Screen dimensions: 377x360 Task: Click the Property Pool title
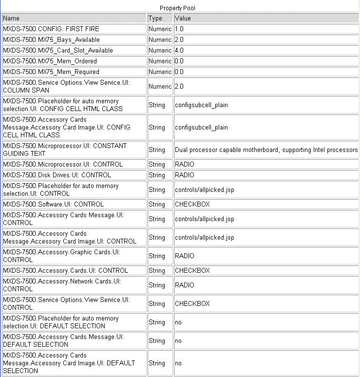click(x=178, y=8)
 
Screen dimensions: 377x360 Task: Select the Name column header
click(x=11, y=18)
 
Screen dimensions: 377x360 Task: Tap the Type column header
click(x=155, y=18)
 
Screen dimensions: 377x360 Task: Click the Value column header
click(x=183, y=18)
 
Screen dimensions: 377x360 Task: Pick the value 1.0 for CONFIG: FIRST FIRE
click(x=179, y=29)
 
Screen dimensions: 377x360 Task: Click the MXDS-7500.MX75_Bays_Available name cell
click(x=51, y=39)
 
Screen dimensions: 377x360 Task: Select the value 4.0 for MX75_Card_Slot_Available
click(x=179, y=50)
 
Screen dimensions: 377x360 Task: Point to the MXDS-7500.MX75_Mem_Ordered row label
click(x=50, y=61)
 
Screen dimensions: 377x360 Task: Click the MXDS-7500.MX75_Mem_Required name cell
click(x=51, y=72)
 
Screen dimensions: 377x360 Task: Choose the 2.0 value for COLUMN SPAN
click(x=179, y=86)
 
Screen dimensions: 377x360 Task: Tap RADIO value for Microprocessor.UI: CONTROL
click(x=185, y=164)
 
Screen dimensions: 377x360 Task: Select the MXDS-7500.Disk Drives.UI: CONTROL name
click(x=57, y=175)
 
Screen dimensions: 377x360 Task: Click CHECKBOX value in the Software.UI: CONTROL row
click(x=192, y=204)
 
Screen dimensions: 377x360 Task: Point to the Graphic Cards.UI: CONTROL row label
click(x=61, y=256)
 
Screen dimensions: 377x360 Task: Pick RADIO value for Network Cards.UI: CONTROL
click(x=185, y=285)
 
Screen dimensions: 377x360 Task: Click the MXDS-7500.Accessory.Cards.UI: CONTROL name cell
click(x=65, y=270)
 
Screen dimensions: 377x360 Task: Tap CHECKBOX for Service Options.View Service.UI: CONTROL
click(x=192, y=303)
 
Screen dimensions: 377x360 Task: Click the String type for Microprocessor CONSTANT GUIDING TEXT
click(x=157, y=150)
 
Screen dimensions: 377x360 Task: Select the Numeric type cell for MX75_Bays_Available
click(x=160, y=39)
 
